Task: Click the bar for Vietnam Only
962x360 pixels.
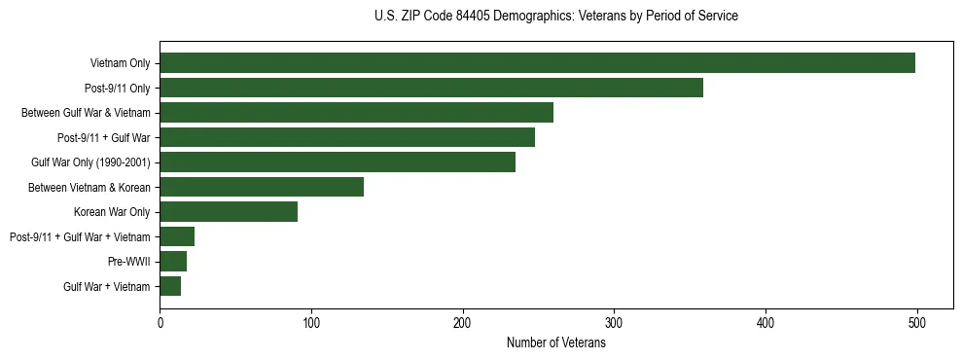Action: pyautogui.click(x=537, y=63)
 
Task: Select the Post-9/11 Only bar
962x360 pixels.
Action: pyautogui.click(x=431, y=88)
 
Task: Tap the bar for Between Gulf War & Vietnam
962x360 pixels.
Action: pyautogui.click(x=356, y=113)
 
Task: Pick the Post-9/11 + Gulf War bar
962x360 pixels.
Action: pyautogui.click(x=347, y=137)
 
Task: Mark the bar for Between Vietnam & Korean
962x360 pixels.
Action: pyautogui.click(x=262, y=187)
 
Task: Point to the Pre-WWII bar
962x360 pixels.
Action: pyautogui.click(x=173, y=262)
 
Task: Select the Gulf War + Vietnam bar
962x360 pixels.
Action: pyautogui.click(x=170, y=286)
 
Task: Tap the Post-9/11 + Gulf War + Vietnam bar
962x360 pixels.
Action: pyautogui.click(x=177, y=236)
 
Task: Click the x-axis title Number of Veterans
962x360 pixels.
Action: pyautogui.click(x=555, y=342)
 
